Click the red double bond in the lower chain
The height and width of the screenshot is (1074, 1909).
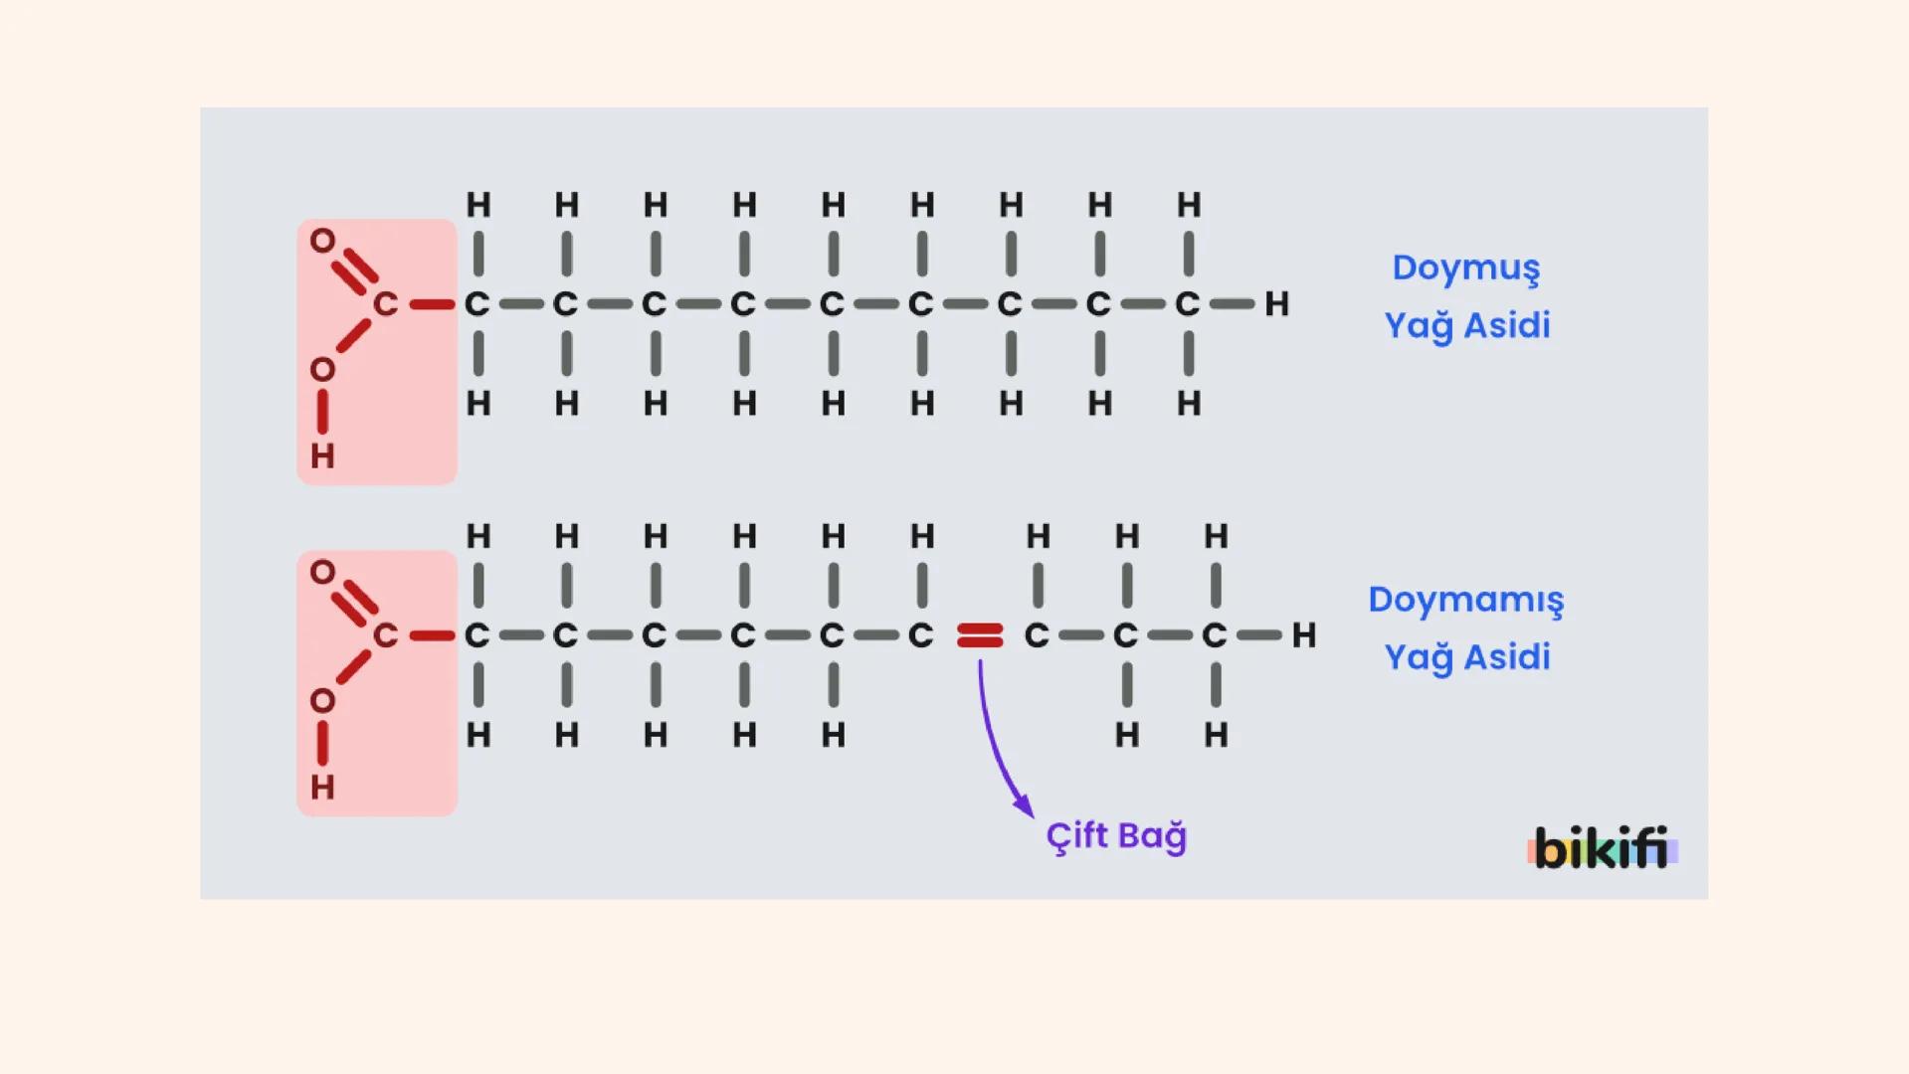pyautogui.click(x=980, y=635)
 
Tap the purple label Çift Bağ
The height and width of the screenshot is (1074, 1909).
pyautogui.click(x=1116, y=836)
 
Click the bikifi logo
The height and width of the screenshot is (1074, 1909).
pyautogui.click(x=1602, y=849)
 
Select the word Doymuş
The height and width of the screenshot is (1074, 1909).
pyautogui.click(x=1465, y=268)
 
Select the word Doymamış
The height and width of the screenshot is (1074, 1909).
pyautogui.click(x=1465, y=601)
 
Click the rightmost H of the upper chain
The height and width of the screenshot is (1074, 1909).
pyautogui.click(x=1276, y=304)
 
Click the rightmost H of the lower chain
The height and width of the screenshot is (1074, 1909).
pyautogui.click(x=1303, y=635)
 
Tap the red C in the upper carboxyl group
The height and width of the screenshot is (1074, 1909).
pyautogui.click(x=385, y=304)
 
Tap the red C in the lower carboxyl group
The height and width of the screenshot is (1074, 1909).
pyautogui.click(x=385, y=635)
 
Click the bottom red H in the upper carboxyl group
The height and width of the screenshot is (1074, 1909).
pyautogui.click(x=322, y=456)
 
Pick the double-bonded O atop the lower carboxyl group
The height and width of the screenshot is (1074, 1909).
pyautogui.click(x=322, y=572)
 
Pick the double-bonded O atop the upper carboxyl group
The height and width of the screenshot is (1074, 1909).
pyautogui.click(x=322, y=241)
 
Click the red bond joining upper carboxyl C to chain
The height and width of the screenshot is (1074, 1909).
pyautogui.click(x=432, y=304)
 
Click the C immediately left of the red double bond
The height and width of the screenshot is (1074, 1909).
pyautogui.click(x=920, y=635)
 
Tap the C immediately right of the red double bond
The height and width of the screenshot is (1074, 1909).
pyautogui.click(x=1037, y=635)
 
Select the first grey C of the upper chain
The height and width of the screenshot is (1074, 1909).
pyautogui.click(x=477, y=304)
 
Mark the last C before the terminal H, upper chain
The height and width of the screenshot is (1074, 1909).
pyautogui.click(x=1187, y=304)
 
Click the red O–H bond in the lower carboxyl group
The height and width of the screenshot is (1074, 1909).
pyautogui.click(x=322, y=744)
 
